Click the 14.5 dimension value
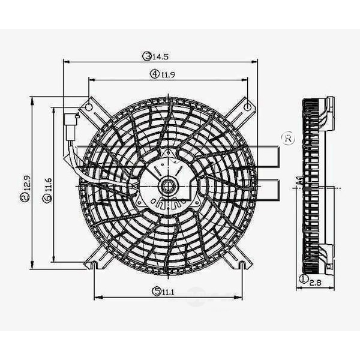click(161, 56)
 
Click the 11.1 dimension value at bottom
click(169, 292)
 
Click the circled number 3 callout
click(146, 56)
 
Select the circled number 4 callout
click(155, 74)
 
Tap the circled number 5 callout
click(157, 292)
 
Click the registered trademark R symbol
click(287, 139)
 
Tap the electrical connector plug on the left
click(70, 124)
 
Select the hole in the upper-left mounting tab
click(89, 107)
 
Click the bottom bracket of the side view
click(328, 257)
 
